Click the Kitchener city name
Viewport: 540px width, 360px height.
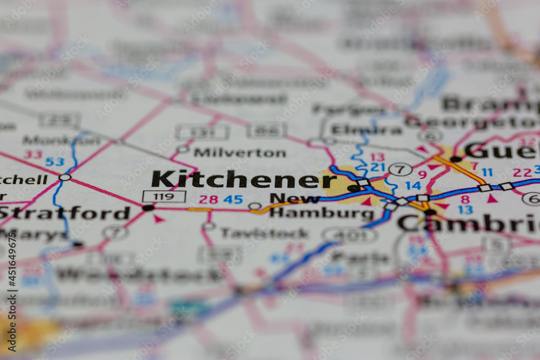coord(244,179)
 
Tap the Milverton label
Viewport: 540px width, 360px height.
coord(240,153)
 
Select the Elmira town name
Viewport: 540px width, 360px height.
coord(367,130)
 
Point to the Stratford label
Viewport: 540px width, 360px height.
coord(65,213)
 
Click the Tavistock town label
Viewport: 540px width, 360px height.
coord(265,233)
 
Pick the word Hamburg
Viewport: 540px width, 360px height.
coord(321,213)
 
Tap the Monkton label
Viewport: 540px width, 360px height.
coord(61,140)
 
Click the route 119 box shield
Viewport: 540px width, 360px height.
coord(164,196)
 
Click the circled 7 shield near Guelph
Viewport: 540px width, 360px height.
coord(400,169)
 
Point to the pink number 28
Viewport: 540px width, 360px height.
coord(208,199)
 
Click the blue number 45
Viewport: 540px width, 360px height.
coord(233,199)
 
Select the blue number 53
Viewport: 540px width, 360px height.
coord(55,161)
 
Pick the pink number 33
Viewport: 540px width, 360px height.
coord(33,154)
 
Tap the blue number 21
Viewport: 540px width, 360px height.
coord(377,167)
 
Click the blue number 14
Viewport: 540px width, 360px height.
coord(413,186)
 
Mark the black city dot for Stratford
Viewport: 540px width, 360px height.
coord(148,207)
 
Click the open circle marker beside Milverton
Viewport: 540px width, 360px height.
coord(183,148)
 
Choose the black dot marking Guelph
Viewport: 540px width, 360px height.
coord(456,159)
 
